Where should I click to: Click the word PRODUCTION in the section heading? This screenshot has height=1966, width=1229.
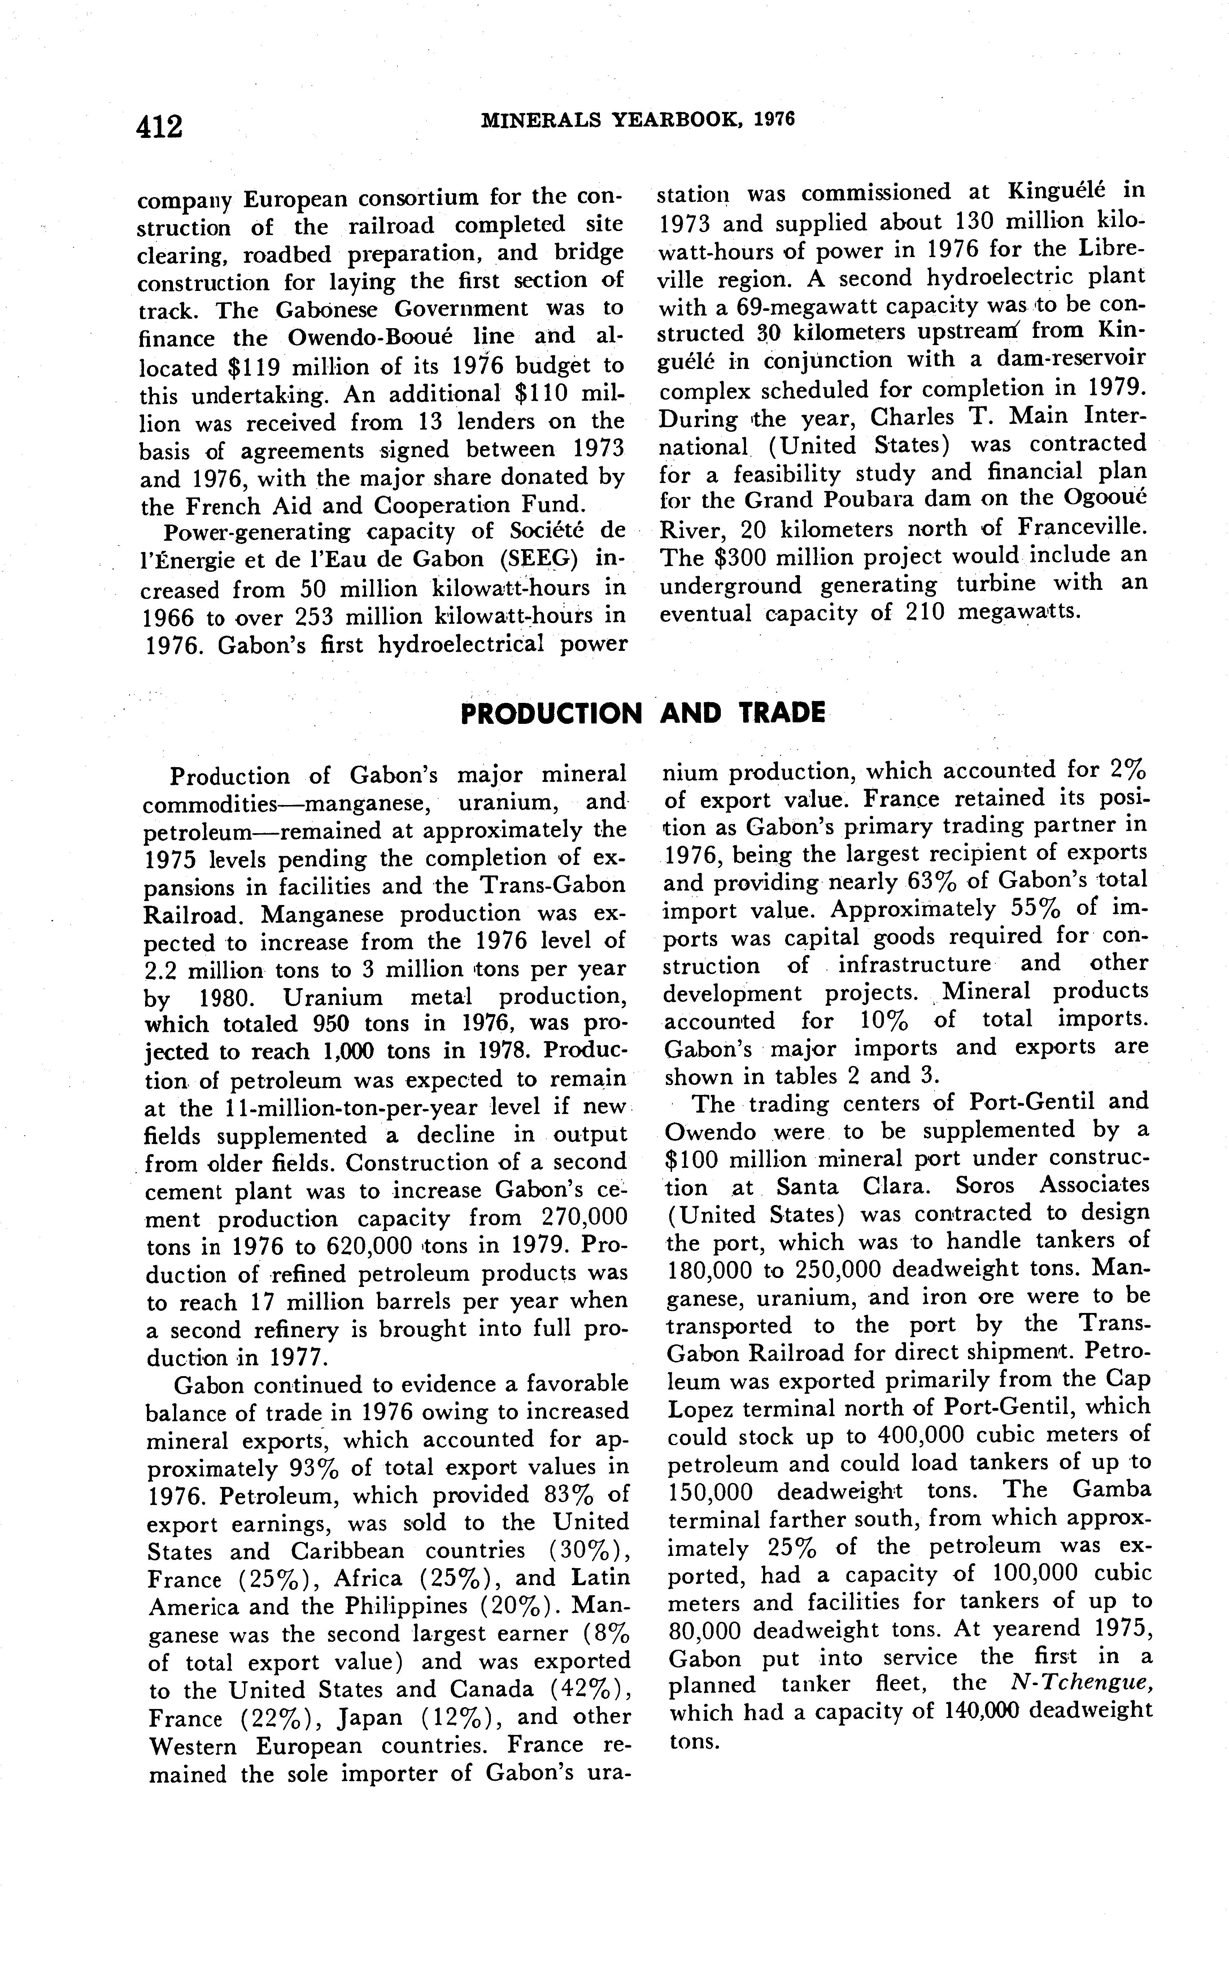[550, 714]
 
